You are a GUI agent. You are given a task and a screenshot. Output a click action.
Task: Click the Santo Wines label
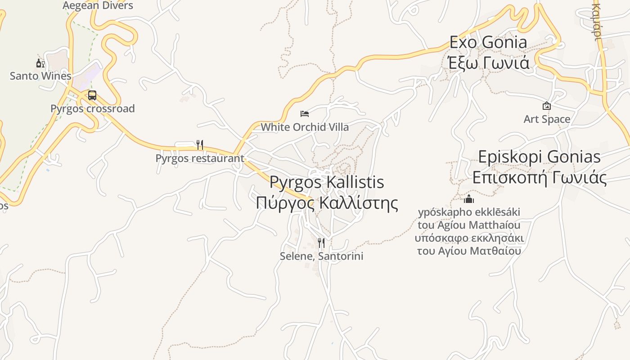(40, 76)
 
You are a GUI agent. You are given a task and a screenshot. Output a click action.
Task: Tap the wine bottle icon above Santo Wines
(40, 63)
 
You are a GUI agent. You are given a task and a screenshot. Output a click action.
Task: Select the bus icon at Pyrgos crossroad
(92, 95)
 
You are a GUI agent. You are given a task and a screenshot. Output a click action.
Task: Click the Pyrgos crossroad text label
(92, 108)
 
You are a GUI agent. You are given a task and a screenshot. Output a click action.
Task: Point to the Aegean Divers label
(98, 5)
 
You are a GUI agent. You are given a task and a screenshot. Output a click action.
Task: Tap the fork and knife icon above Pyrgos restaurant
(200, 145)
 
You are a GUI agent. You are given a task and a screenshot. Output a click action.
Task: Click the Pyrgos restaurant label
(200, 158)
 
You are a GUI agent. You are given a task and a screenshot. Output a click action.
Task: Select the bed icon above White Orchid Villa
(305, 114)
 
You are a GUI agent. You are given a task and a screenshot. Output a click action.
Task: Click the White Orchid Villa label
(305, 127)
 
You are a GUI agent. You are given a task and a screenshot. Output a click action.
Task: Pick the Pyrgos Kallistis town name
(327, 182)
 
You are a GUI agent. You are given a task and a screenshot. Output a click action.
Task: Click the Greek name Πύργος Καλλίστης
(327, 203)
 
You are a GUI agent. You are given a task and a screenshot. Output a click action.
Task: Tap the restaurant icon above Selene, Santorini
(321, 243)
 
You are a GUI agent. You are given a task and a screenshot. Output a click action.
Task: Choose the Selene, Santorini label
(321, 256)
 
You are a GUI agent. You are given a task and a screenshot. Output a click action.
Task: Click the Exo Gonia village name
(488, 42)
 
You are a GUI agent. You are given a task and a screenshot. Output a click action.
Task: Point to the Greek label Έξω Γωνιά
(489, 63)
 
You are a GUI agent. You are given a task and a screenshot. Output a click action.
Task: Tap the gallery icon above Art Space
(547, 106)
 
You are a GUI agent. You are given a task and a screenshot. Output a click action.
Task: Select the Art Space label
(547, 119)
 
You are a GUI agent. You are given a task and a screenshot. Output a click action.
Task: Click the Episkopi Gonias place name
(539, 157)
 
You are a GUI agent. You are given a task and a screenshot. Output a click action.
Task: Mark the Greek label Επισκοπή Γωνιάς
(539, 178)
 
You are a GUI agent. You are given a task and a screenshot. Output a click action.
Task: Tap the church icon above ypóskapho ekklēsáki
(469, 199)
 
